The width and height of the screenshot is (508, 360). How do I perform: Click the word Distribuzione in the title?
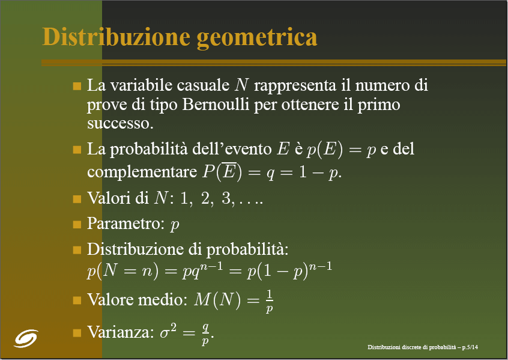click(116, 37)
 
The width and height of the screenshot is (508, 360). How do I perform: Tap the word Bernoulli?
click(216, 105)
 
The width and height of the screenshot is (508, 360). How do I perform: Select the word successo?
click(120, 124)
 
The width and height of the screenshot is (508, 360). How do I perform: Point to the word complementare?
click(142, 172)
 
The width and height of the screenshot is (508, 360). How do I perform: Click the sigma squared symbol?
click(168, 331)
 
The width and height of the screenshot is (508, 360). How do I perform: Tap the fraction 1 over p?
click(269, 301)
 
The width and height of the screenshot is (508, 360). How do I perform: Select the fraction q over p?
click(205, 334)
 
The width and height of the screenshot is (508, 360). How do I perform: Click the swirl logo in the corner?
click(26, 338)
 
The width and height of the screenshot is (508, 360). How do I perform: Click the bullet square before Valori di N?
click(77, 198)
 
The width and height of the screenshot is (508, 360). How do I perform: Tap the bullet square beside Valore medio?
click(77, 300)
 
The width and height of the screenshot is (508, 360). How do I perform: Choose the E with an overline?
click(229, 170)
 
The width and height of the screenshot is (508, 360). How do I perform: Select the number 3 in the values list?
click(226, 198)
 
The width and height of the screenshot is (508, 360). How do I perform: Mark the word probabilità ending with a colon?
click(247, 249)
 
